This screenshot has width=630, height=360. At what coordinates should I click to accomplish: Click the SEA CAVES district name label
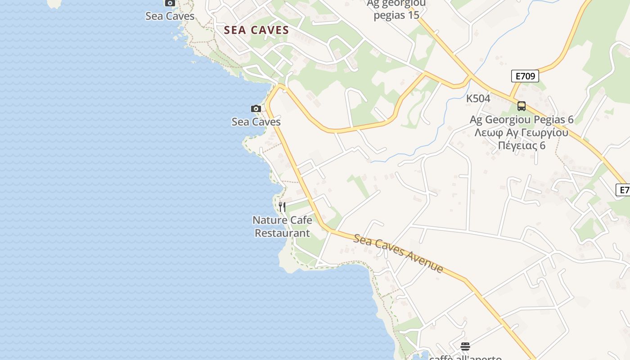pyautogui.click(x=256, y=30)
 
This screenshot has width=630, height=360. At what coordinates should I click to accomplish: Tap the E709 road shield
pyautogui.click(x=525, y=76)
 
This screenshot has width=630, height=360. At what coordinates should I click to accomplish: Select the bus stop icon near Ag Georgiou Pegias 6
pyautogui.click(x=522, y=106)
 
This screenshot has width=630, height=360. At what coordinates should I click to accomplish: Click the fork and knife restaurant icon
pyautogui.click(x=282, y=207)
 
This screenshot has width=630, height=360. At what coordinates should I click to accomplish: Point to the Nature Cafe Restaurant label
pyautogui.click(x=282, y=226)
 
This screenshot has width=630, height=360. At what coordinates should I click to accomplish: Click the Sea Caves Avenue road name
pyautogui.click(x=398, y=253)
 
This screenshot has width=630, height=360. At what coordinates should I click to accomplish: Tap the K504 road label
pyautogui.click(x=478, y=98)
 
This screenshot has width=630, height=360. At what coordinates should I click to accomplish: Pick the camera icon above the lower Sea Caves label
pyautogui.click(x=256, y=108)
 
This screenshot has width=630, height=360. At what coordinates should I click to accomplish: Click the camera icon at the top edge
pyautogui.click(x=170, y=3)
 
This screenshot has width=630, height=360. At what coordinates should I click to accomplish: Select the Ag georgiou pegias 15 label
pyautogui.click(x=396, y=9)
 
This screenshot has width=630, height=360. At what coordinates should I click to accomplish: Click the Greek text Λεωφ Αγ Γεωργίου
pyautogui.click(x=521, y=133)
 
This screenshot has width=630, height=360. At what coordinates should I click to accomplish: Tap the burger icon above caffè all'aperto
pyautogui.click(x=465, y=346)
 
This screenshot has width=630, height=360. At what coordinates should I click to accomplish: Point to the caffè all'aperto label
pyautogui.click(x=465, y=357)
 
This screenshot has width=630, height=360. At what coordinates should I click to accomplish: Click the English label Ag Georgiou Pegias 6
pyautogui.click(x=522, y=120)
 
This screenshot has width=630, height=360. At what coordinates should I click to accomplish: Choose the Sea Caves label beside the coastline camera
pyautogui.click(x=256, y=121)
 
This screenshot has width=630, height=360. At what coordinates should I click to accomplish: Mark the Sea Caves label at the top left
pyautogui.click(x=170, y=16)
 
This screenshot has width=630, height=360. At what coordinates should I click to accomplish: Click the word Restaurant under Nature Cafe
pyautogui.click(x=282, y=233)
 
